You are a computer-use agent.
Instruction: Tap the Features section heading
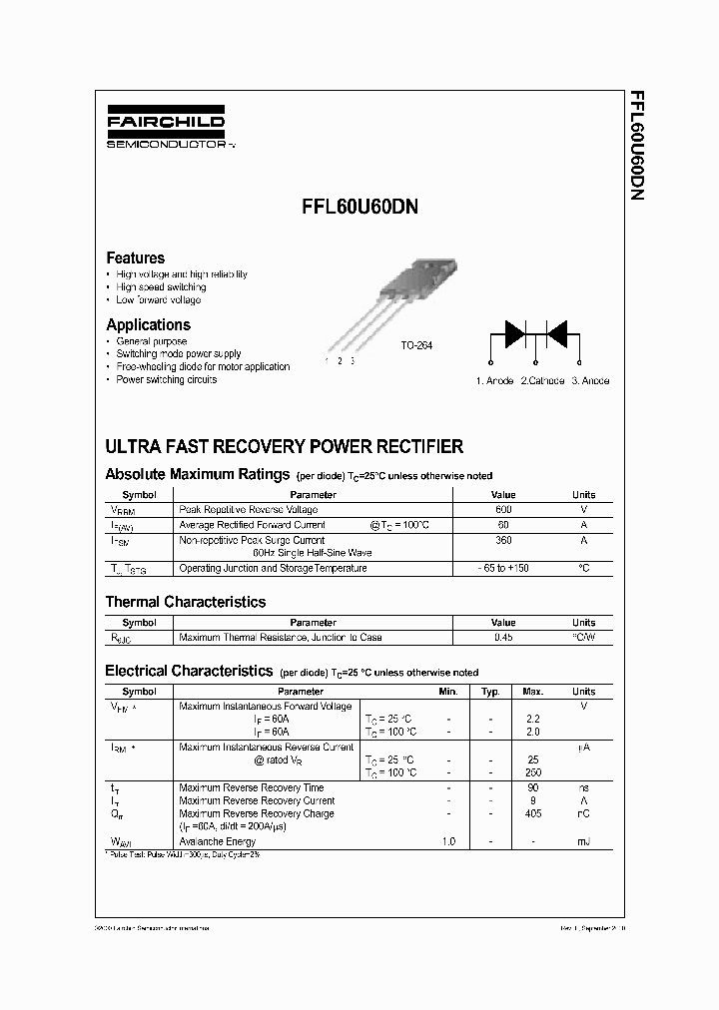pyautogui.click(x=135, y=257)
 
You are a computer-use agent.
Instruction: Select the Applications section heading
pyautogui.click(x=148, y=324)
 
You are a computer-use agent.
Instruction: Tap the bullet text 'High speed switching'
pyautogui.click(x=161, y=286)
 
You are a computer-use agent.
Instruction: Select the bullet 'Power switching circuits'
pyautogui.click(x=166, y=379)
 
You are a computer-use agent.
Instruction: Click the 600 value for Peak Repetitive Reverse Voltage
pyautogui.click(x=503, y=510)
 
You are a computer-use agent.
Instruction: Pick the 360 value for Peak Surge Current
pyautogui.click(x=503, y=540)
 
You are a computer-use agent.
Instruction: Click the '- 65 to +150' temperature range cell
pyautogui.click(x=503, y=568)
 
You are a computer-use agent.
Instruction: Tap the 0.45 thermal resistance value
pyautogui.click(x=503, y=637)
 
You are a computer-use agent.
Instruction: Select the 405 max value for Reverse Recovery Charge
pyautogui.click(x=532, y=813)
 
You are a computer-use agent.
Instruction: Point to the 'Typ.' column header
pyautogui.click(x=490, y=691)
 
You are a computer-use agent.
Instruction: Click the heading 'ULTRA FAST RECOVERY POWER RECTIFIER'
pyautogui.click(x=284, y=446)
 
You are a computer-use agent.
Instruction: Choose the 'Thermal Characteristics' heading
pyautogui.click(x=186, y=602)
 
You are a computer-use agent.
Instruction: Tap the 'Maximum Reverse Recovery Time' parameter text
pyautogui.click(x=251, y=787)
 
